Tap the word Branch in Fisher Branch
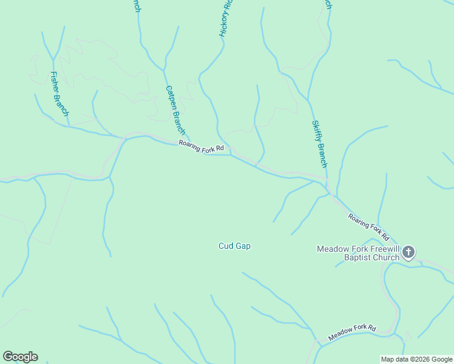63,104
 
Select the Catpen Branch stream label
175,110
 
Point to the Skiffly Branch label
320,144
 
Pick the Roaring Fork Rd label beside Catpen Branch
201,147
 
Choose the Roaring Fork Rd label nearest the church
368,226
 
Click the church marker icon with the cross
409,252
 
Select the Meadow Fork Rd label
352,332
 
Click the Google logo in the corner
20,357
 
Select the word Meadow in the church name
331,249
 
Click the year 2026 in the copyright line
417,359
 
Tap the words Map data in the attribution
393,359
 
